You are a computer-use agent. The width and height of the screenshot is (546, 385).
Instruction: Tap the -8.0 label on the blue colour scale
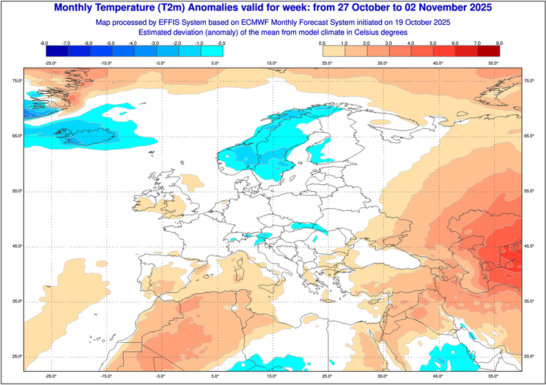point(44,43)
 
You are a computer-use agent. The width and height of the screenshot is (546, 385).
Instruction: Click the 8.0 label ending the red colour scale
point(499,43)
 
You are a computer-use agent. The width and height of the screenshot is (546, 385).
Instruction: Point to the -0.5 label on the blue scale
point(221,43)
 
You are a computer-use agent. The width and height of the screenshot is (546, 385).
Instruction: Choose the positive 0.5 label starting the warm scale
point(323,43)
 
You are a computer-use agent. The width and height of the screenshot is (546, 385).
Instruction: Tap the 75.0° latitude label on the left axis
point(15,81)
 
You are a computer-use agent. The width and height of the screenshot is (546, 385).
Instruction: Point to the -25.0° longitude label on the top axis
point(50,63)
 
